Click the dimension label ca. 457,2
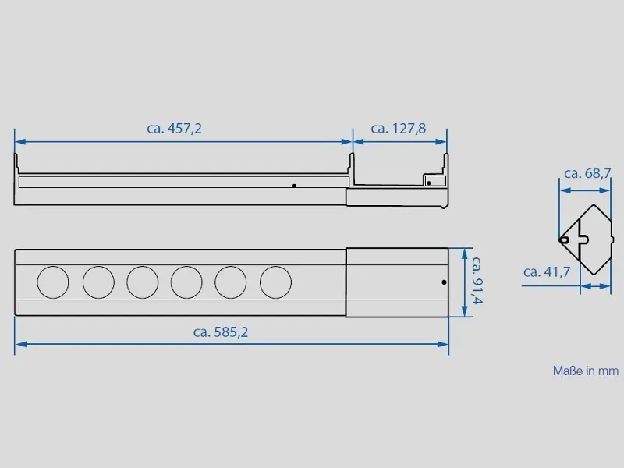174,129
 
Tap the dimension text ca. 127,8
399,129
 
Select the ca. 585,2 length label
221,332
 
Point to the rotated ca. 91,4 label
477,280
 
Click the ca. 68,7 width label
587,173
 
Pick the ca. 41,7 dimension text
547,271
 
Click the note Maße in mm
586,371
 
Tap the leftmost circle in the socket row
53,282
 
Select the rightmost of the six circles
276,282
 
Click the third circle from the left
143,282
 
